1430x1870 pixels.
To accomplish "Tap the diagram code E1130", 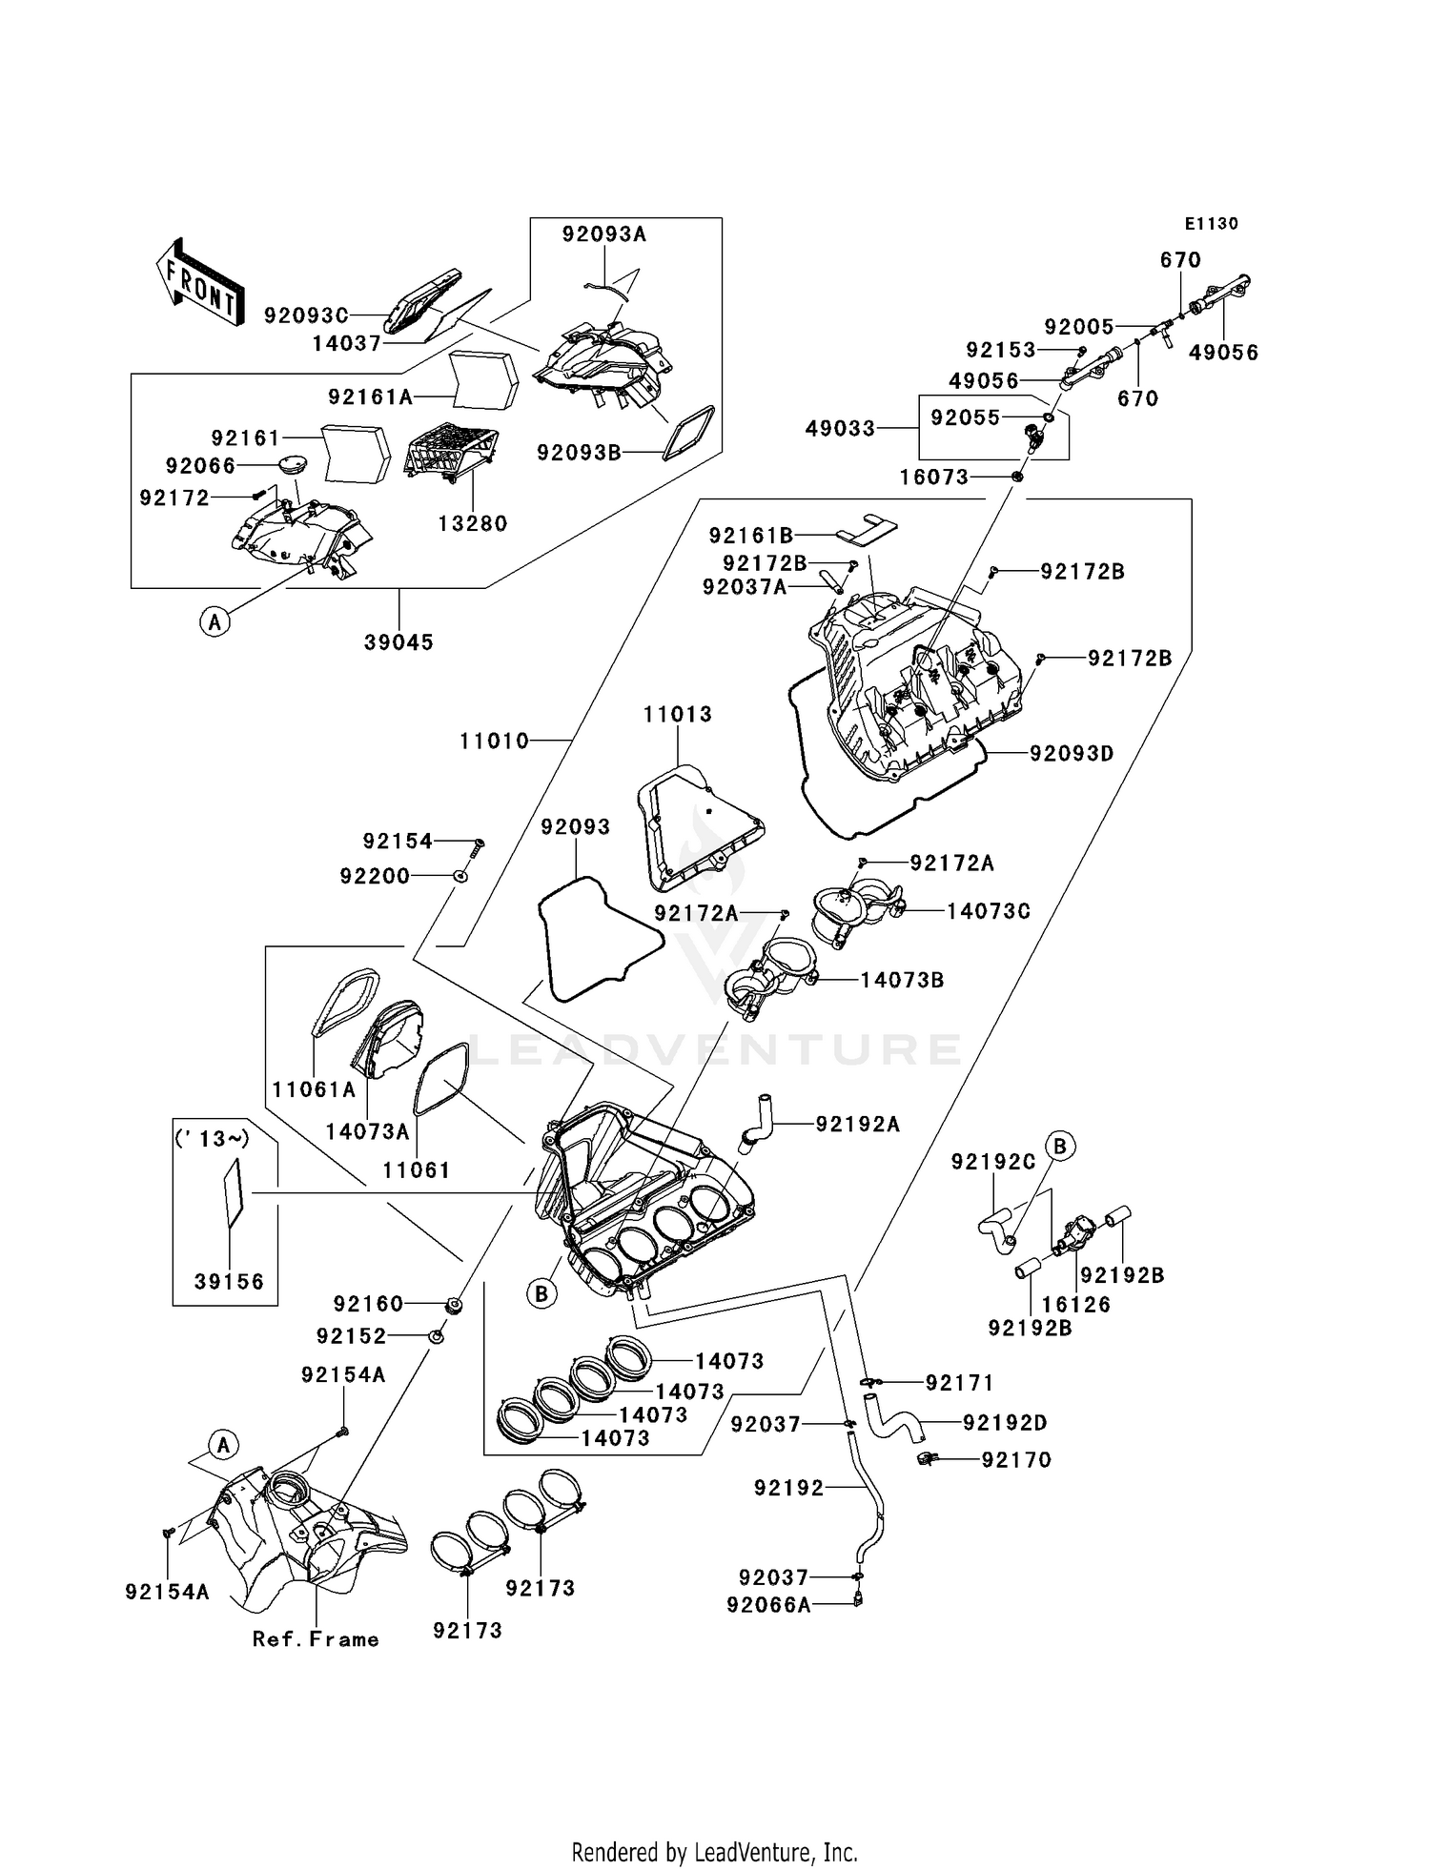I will [x=1211, y=224].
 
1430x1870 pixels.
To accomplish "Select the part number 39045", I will [x=398, y=642].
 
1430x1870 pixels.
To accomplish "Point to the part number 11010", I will [x=494, y=741].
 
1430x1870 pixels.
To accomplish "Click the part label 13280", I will [x=473, y=523].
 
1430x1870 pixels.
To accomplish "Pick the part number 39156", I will [x=229, y=1282].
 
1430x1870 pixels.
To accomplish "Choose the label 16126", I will [x=1076, y=1305].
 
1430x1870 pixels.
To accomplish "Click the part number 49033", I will [x=840, y=429].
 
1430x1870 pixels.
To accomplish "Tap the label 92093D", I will [x=1072, y=753].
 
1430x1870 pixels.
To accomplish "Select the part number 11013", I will [x=677, y=714].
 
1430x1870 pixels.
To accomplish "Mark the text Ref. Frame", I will [x=316, y=1639].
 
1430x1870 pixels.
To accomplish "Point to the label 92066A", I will [x=768, y=1605].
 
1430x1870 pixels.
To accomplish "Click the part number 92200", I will [x=375, y=875].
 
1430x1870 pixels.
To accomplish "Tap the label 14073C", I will [x=989, y=911].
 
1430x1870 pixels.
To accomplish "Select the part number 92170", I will [x=1016, y=1459].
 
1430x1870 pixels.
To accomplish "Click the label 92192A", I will [x=857, y=1124].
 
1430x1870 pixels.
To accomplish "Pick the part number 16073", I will [x=934, y=477].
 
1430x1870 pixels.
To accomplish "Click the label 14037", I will [x=347, y=343].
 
